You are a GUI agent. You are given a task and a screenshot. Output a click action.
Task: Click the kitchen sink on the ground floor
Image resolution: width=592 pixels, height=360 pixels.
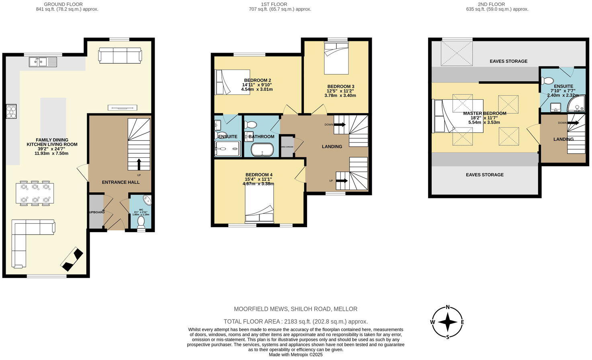(43, 62)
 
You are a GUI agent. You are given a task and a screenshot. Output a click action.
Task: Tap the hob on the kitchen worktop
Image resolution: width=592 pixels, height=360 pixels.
(11, 111)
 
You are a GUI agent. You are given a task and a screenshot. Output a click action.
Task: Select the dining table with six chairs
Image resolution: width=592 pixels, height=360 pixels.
(35, 193)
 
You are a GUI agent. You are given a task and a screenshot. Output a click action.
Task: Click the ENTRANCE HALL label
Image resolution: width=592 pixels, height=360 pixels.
(121, 182)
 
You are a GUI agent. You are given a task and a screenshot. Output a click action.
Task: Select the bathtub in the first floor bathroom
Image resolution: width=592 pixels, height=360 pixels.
(262, 150)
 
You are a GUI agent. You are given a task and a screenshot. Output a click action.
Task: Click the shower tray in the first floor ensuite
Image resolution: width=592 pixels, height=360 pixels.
(228, 148)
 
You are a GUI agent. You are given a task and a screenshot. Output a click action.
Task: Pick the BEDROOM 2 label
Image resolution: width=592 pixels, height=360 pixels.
(257, 80)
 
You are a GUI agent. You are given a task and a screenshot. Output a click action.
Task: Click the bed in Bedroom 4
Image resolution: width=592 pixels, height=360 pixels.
(260, 203)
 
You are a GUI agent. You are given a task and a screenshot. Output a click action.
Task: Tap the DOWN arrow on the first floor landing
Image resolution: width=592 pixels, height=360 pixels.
(340, 125)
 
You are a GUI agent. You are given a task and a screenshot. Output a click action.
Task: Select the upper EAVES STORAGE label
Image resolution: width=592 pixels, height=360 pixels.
(508, 61)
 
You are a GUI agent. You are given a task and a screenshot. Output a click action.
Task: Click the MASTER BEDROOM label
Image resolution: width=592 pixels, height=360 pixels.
(484, 113)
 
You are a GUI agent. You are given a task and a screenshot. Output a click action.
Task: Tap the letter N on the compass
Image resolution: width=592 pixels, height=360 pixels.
(448, 308)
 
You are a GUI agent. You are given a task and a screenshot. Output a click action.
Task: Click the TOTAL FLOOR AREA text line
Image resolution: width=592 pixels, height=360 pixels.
(295, 321)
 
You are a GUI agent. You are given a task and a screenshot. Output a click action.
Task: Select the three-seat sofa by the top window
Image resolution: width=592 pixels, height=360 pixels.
(120, 55)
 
